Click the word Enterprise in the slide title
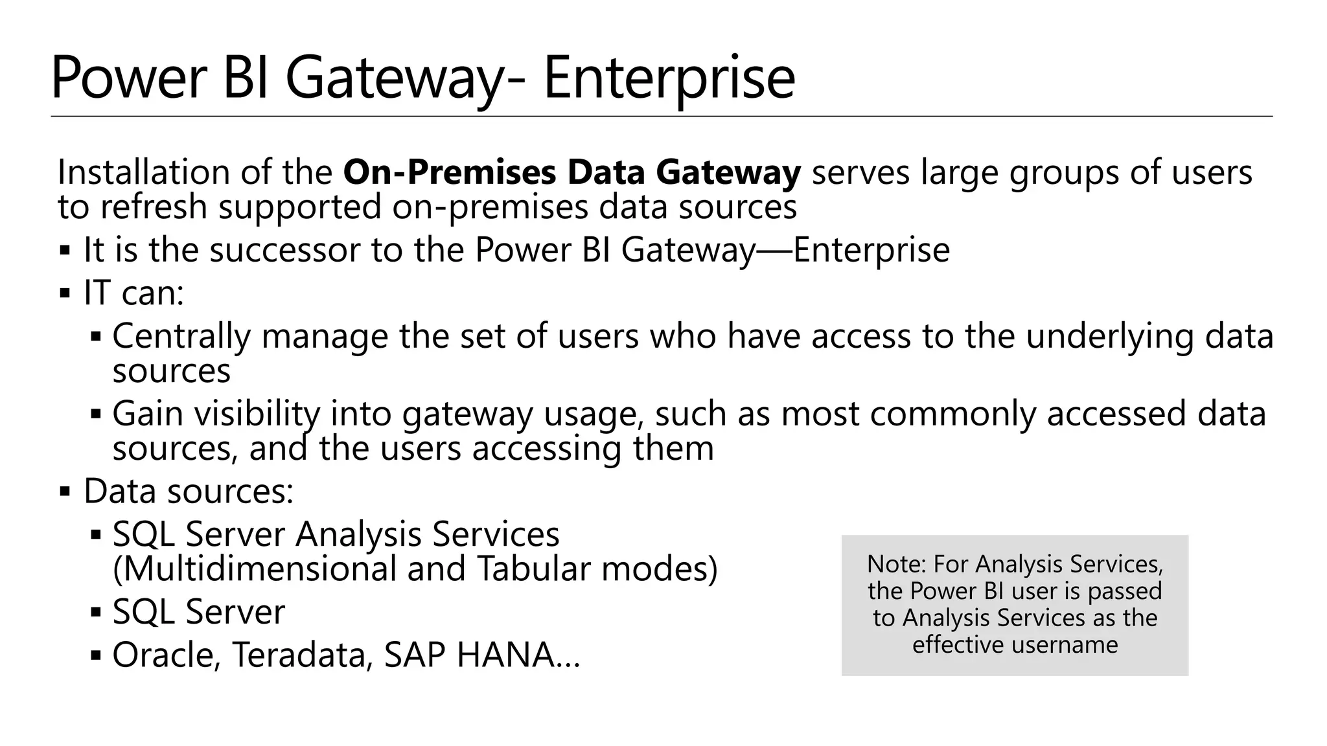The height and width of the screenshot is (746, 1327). point(669,79)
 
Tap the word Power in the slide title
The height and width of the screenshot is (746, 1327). point(128,79)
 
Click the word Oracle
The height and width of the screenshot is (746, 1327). point(167,655)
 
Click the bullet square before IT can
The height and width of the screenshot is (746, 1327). point(65,293)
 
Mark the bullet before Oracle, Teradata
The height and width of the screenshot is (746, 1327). point(96,656)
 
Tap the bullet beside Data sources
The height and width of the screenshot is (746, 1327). point(65,492)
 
